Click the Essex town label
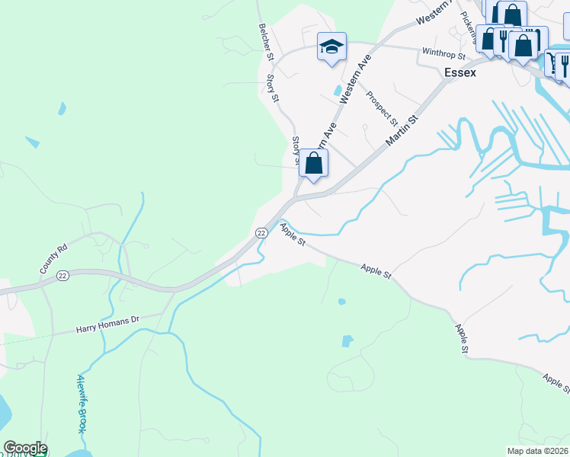pyautogui.click(x=460, y=73)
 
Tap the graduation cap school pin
pyautogui.click(x=331, y=47)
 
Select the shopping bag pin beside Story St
pyautogui.click(x=313, y=163)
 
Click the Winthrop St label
pyautogui.click(x=443, y=54)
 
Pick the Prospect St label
pyautogui.click(x=381, y=108)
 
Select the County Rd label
pyautogui.click(x=54, y=259)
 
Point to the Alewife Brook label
pyautogui.click(x=82, y=404)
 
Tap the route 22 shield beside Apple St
pyautogui.click(x=261, y=232)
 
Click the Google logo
pyautogui.click(x=25, y=448)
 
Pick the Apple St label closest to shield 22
pyautogui.click(x=292, y=234)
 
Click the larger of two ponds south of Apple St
pyautogui.click(x=347, y=340)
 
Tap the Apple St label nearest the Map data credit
pyautogui.click(x=556, y=383)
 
